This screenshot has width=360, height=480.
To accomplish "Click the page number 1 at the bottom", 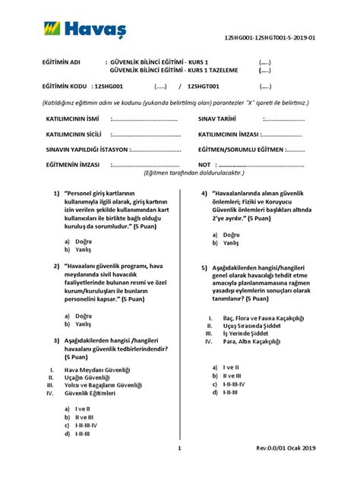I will tap(180, 469).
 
